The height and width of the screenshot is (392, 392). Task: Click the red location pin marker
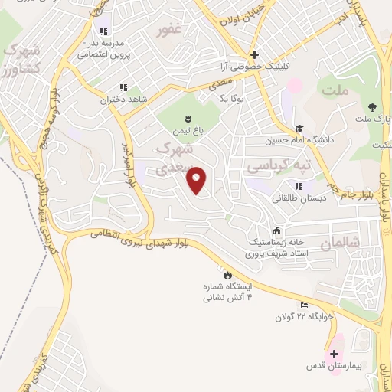[x=198, y=180]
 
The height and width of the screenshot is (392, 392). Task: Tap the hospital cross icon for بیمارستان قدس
[x=334, y=354]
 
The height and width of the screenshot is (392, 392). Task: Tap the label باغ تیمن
[x=188, y=131]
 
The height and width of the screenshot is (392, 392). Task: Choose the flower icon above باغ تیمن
[x=188, y=118]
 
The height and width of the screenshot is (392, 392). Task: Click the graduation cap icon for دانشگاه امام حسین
[x=299, y=128]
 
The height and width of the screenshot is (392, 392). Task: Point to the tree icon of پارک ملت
[x=372, y=106]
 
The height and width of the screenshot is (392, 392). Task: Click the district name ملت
[x=335, y=91]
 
